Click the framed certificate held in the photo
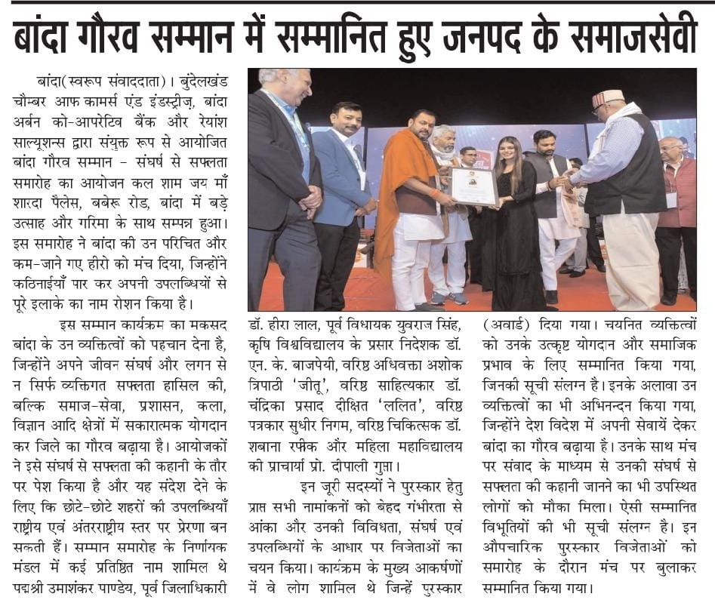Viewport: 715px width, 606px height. pyautogui.click(x=473, y=186)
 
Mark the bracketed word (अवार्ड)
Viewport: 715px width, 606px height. pyautogui.click(x=510, y=327)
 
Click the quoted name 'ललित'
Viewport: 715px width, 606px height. pyautogui.click(x=399, y=405)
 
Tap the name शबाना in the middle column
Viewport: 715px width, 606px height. pyautogui.click(x=268, y=444)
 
